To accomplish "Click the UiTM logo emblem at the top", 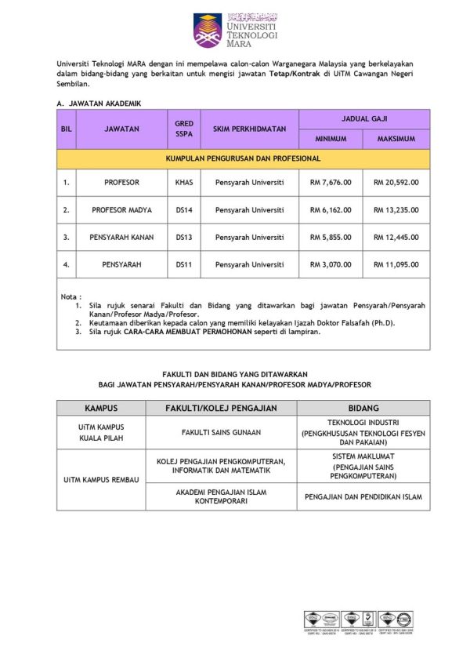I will tap(208, 30).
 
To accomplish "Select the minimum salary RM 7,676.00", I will tap(325, 182).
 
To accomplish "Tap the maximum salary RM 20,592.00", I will tap(396, 182).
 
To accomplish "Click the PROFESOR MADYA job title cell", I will tap(121, 209).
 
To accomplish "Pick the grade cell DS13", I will tap(184, 237).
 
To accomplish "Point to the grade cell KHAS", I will tap(184, 182).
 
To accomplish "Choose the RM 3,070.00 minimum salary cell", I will tap(325, 264).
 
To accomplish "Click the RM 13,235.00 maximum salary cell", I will tap(396, 209).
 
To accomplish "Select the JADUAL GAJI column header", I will tap(364, 118).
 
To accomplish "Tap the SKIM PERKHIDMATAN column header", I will tap(249, 128).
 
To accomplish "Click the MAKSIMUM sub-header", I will tap(396, 139).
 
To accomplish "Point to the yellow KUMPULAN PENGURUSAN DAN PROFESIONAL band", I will tap(243, 158).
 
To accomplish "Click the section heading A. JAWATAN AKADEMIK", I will tap(99, 102).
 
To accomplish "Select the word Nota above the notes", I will tap(70, 296).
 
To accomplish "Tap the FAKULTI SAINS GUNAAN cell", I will tap(222, 432).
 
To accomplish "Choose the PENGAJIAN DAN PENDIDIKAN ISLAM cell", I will tap(364, 497).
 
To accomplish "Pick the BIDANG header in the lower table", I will tap(364, 408).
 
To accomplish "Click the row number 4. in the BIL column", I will tap(67, 264).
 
